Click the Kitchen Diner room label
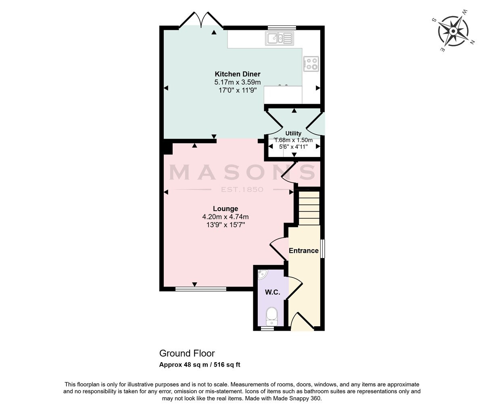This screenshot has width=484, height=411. point(238,74)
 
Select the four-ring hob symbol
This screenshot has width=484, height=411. point(311,64)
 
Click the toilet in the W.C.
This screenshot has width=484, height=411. point(271,316)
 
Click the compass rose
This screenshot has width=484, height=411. point(453,31)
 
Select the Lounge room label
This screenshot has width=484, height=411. point(225,209)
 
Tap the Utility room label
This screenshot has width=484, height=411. point(293,133)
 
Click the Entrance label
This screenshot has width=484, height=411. point(303,250)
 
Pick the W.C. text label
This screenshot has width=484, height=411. point(273,292)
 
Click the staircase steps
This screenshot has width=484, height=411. point(309,208)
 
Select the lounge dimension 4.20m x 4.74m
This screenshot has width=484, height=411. point(225,217)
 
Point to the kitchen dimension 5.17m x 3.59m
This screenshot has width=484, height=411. point(238,82)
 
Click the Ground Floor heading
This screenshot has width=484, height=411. point(187,353)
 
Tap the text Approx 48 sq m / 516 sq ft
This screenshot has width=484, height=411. point(200,365)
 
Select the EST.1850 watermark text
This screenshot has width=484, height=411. point(242,189)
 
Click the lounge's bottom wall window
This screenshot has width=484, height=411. point(201,289)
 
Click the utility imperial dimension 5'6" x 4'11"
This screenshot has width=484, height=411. point(293,147)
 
